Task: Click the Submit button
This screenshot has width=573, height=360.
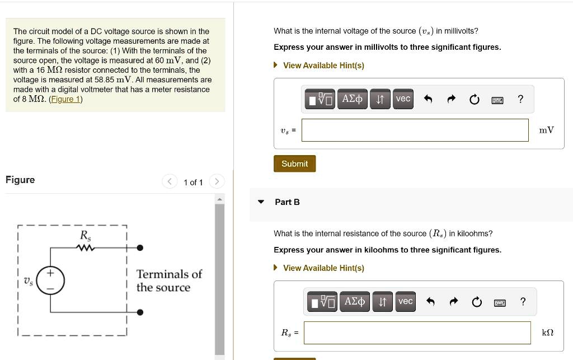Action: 294,163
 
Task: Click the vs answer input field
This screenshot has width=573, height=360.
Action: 415,130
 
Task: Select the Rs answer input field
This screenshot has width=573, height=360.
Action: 417,333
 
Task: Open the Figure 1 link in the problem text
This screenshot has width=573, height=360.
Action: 66,99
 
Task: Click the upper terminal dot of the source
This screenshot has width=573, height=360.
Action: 140,247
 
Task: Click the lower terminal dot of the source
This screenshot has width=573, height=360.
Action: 140,312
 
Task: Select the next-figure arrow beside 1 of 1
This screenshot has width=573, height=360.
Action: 217,181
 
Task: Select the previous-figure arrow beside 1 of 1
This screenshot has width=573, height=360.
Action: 170,181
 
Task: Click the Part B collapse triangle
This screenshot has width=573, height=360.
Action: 261,202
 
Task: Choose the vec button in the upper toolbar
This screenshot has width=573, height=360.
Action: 403,99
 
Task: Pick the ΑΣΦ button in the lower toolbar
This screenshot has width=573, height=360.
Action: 354,302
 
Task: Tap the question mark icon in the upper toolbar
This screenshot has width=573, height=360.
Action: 520,99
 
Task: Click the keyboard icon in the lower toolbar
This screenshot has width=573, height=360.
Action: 499,302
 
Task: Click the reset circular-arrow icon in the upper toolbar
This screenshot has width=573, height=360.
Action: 474,100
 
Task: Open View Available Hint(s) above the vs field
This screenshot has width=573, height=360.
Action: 323,66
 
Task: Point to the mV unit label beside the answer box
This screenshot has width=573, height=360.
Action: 546,130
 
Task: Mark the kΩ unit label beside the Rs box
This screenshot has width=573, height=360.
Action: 548,333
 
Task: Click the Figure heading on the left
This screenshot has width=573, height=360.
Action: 20,180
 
